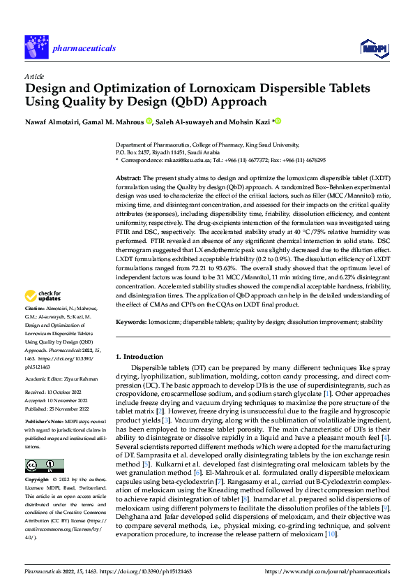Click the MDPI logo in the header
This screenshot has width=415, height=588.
coord(372,47)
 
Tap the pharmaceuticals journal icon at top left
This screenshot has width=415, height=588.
coord(36,47)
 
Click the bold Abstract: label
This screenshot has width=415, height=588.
coord(129,179)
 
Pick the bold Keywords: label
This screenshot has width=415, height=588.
coord(131,322)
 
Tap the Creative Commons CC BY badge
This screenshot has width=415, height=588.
coord(44,465)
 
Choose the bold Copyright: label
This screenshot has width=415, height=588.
coord(37,480)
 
